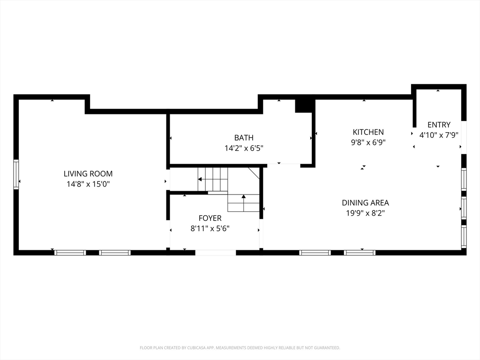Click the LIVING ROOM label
[x=88, y=173]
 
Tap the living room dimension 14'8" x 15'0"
[x=88, y=184]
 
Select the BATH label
[x=244, y=138]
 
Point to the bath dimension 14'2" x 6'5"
[x=244, y=148]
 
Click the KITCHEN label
[x=368, y=132]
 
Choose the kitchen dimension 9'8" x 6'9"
[x=368, y=142]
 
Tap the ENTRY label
[x=439, y=125]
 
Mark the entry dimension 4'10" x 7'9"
[x=439, y=135]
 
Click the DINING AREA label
[x=366, y=202]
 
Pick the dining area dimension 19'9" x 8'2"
[x=366, y=213]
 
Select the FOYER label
[x=210, y=218]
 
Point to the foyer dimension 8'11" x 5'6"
[x=210, y=228]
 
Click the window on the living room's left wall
[x=16, y=174]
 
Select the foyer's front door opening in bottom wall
[x=216, y=253]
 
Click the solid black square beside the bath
[x=303, y=106]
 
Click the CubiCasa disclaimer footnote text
[x=240, y=348]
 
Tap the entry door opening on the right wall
[x=464, y=137]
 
